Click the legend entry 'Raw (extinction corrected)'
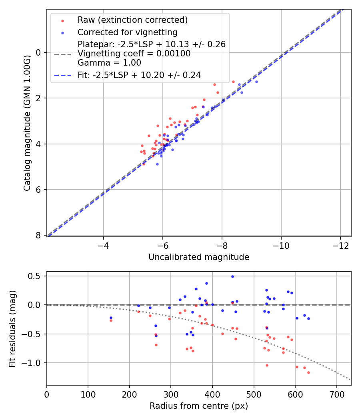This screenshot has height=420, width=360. point(132,20)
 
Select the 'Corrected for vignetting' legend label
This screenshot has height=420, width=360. point(127,32)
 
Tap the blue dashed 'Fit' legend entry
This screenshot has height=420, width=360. point(139,75)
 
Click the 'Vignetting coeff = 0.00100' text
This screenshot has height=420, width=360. point(134,54)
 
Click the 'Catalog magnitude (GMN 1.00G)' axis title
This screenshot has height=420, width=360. point(27,123)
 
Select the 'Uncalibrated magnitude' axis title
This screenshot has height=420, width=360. point(199,257)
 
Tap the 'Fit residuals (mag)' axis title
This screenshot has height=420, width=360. point(12,328)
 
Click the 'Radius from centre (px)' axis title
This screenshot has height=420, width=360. point(199,406)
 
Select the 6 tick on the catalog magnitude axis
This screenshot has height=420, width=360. point(38,190)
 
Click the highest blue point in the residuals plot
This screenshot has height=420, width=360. point(232,276)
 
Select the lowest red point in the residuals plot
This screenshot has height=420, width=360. point(308,372)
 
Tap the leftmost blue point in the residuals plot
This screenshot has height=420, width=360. point(111,318)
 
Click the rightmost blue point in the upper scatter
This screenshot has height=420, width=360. point(256,82)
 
